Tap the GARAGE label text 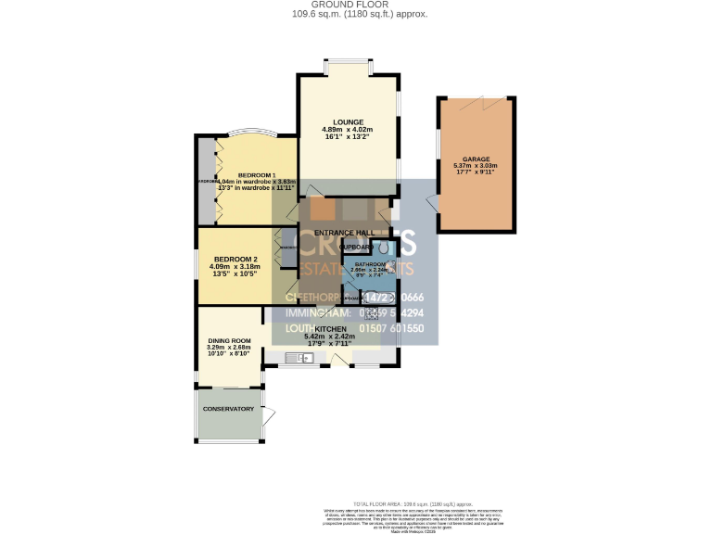click(x=476, y=159)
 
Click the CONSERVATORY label click(x=228, y=409)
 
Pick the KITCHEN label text click(x=331, y=329)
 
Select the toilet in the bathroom click(x=382, y=248)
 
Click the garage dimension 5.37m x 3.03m click(x=476, y=167)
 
